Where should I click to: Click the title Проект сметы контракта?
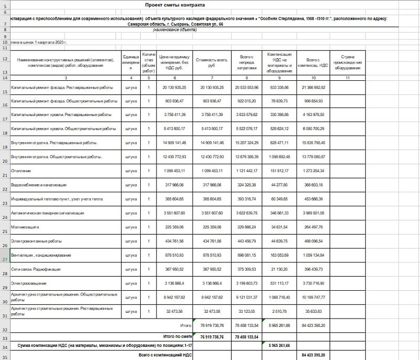(175, 5)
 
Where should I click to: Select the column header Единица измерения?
(131, 62)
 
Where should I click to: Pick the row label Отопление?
(21, 171)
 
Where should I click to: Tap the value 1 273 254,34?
(313, 171)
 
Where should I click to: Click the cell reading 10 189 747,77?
(313, 297)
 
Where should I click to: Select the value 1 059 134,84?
(313, 255)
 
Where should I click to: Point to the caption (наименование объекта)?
(175, 30)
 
